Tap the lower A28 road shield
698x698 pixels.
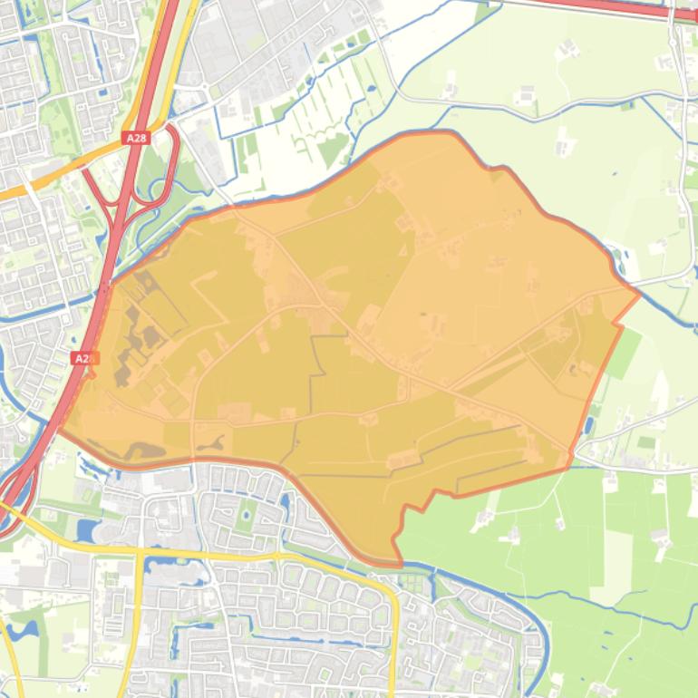[x=82, y=358]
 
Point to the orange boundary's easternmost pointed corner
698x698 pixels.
[x=640, y=292]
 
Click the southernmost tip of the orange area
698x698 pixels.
[x=397, y=563]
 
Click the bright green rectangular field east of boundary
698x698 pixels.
[x=623, y=354]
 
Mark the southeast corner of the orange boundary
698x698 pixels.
[x=568, y=467]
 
